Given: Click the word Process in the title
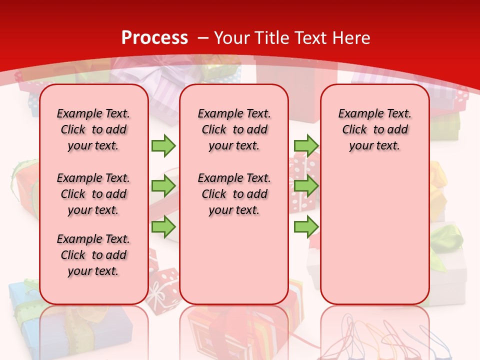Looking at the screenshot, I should pyautogui.click(x=154, y=37).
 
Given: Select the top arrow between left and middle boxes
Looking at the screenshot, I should pyautogui.click(x=163, y=145).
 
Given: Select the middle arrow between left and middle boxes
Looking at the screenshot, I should pyautogui.click(x=163, y=186).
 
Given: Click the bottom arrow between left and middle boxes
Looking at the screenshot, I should pyautogui.click(x=163, y=227).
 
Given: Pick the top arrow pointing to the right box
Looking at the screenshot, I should pyautogui.click(x=306, y=145).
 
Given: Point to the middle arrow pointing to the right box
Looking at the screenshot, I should pyautogui.click(x=306, y=186).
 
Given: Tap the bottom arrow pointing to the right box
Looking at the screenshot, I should pyautogui.click(x=306, y=227).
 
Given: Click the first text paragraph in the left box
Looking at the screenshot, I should pyautogui.click(x=93, y=129).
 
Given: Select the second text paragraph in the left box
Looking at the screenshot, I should pyautogui.click(x=93, y=194).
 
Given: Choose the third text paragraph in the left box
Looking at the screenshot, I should pyautogui.click(x=93, y=255).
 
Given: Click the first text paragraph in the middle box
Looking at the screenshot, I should pyautogui.click(x=234, y=129).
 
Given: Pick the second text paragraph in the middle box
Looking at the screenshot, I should pyautogui.click(x=234, y=194).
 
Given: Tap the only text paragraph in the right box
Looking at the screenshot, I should pyautogui.click(x=374, y=129).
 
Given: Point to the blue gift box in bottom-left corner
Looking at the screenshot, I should pyautogui.click(x=22, y=305).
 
